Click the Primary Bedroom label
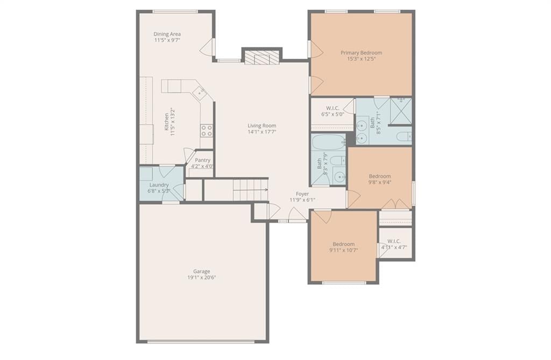point(361,53)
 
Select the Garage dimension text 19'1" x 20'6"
point(202,277)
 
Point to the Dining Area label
point(167,34)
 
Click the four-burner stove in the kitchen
point(207,130)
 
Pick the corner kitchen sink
point(200,93)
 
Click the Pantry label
point(203,160)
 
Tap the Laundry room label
point(159,185)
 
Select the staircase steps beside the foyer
point(251,190)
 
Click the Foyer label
point(302,194)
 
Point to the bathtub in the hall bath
point(328,143)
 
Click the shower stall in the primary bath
point(401,111)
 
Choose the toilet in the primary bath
point(404,136)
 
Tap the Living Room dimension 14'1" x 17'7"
point(262,132)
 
